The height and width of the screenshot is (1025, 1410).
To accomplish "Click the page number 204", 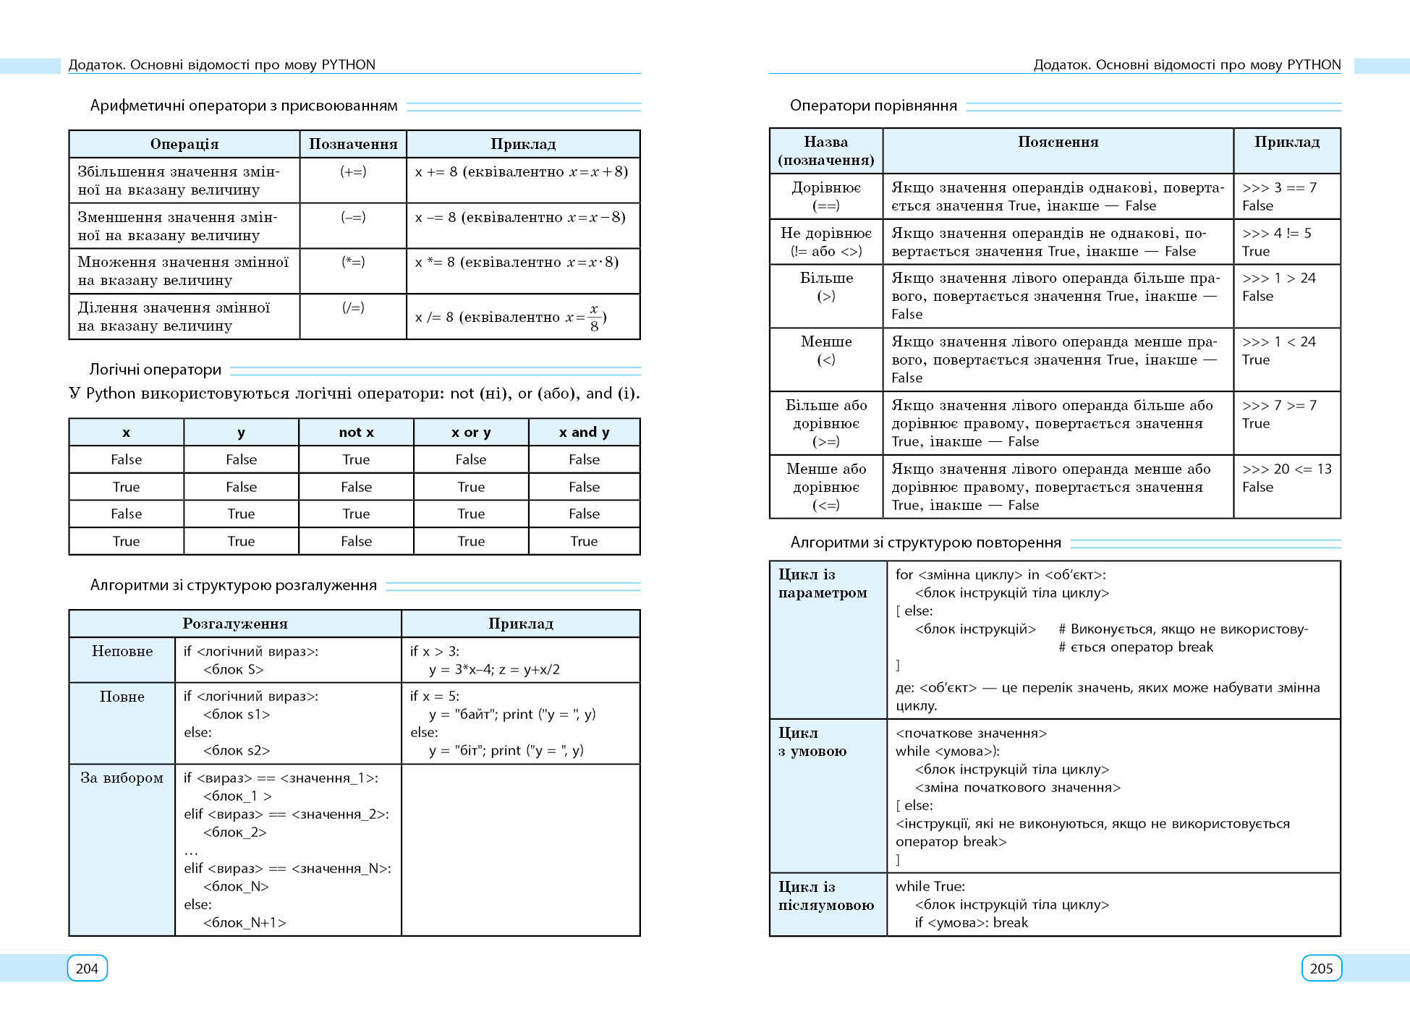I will pyautogui.click(x=87, y=969).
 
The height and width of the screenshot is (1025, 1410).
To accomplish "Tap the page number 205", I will pyautogui.click(x=1321, y=969).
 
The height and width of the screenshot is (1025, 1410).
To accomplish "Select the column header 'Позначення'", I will pyautogui.click(x=353, y=144).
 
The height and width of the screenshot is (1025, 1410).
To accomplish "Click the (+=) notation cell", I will pyautogui.click(x=353, y=171).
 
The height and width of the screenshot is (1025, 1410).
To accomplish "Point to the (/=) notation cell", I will pyautogui.click(x=353, y=307).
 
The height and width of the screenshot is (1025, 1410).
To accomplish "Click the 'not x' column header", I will pyautogui.click(x=356, y=432).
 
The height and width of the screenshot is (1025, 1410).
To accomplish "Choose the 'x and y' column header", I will pyautogui.click(x=584, y=432).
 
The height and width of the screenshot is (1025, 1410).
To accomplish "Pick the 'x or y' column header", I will pyautogui.click(x=471, y=432).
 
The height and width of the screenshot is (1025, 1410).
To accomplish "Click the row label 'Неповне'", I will pyautogui.click(x=122, y=651).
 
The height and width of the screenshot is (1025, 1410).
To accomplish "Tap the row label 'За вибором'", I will pyautogui.click(x=122, y=778).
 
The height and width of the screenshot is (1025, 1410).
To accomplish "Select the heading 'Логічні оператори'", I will pyautogui.click(x=156, y=370).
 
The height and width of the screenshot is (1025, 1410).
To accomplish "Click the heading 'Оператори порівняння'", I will pyautogui.click(x=873, y=106).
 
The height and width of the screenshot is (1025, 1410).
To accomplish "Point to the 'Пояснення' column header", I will pyautogui.click(x=1058, y=143).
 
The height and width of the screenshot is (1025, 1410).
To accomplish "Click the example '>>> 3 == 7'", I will pyautogui.click(x=1279, y=187).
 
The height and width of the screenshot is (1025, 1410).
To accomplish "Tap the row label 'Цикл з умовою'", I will pyautogui.click(x=812, y=742).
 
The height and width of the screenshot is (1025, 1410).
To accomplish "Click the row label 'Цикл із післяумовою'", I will pyautogui.click(x=825, y=896).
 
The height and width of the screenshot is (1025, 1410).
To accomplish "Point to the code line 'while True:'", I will pyautogui.click(x=930, y=886).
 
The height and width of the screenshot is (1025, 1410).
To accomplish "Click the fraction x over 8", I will pyautogui.click(x=594, y=318).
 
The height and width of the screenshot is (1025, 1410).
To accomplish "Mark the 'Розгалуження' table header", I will pyautogui.click(x=235, y=624).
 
